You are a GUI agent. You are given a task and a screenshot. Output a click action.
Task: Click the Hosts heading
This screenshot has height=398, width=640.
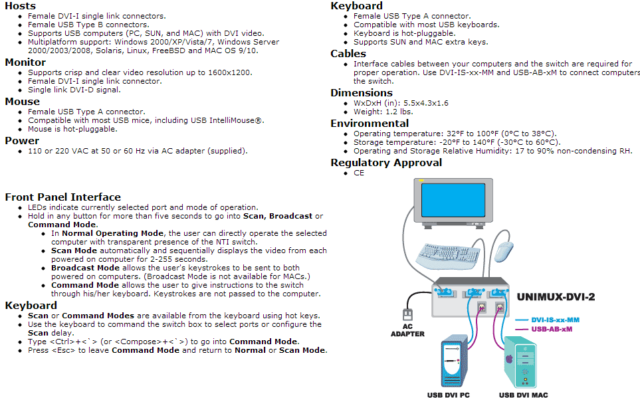click(21, 6)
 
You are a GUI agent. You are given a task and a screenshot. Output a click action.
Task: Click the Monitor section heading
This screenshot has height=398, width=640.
click(25, 62)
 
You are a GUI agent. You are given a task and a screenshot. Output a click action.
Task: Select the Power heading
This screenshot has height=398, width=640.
click(22, 141)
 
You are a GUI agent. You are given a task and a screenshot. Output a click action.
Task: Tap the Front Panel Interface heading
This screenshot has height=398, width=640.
click(62, 197)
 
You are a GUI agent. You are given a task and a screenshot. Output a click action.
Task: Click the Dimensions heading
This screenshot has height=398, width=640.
click(362, 93)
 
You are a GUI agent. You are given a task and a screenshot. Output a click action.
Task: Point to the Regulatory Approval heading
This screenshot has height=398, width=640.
click(386, 163)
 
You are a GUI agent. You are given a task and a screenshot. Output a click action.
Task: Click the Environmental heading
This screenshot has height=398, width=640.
click(370, 124)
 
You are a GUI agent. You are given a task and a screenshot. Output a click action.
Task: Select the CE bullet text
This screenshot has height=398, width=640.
click(359, 173)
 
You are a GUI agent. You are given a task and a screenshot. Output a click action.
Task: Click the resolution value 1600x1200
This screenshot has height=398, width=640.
click(233, 72)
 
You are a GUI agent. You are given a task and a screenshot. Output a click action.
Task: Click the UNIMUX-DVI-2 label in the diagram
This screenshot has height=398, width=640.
click(556, 296)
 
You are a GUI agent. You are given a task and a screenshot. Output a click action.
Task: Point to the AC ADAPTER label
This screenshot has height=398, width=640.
click(407, 330)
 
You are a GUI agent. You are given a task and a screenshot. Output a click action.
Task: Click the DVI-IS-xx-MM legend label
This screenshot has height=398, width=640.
click(555, 320)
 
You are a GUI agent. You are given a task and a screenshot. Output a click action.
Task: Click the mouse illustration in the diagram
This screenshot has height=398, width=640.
click(504, 251)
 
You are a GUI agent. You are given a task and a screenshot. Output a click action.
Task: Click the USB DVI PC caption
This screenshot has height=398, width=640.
click(448, 395)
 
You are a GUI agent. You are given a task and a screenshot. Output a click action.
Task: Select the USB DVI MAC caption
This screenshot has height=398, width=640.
click(523, 395)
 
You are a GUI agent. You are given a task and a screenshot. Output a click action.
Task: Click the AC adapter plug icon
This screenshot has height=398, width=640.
click(407, 312)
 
